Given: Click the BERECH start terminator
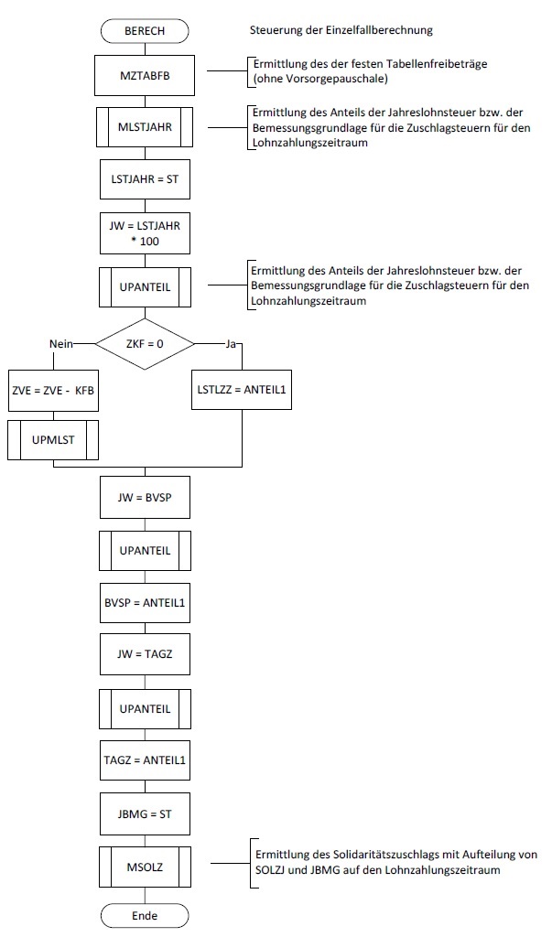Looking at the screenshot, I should (145, 30).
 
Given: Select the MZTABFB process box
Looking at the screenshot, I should (145, 75).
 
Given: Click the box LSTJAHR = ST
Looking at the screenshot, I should (145, 180).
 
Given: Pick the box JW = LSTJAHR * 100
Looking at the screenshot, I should (145, 232).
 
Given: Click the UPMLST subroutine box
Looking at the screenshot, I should (53, 440).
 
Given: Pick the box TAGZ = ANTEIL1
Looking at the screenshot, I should (145, 759).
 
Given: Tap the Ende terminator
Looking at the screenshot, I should (145, 915).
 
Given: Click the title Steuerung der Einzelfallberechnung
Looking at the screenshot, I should (341, 30).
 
